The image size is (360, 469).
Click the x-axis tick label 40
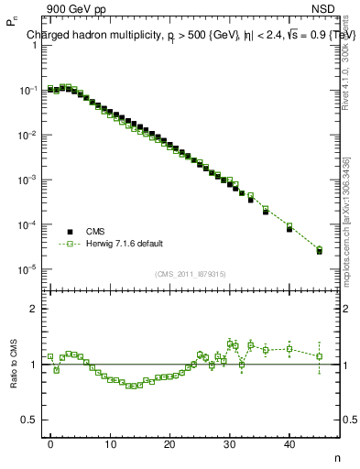289,444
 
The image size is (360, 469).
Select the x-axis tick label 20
169,444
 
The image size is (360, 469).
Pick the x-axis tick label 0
50,444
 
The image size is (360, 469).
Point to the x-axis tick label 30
230,444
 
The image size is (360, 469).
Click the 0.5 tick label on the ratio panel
29,420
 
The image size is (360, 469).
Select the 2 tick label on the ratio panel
35,309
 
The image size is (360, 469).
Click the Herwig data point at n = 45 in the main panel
319,248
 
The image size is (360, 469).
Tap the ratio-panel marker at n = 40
289,348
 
